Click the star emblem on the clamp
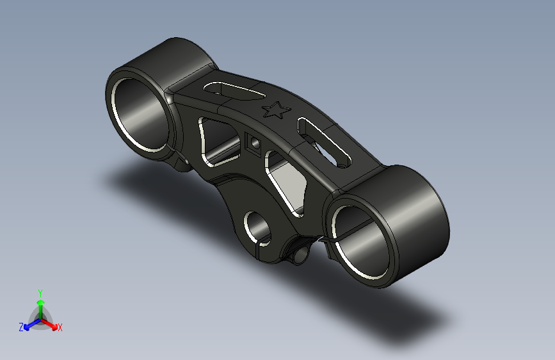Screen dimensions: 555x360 (277, 110)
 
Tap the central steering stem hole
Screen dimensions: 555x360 (257, 229)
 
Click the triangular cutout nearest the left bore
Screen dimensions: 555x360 (218, 142)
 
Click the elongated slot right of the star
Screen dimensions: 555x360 (324, 142)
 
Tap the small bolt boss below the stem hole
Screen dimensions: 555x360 (300, 255)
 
